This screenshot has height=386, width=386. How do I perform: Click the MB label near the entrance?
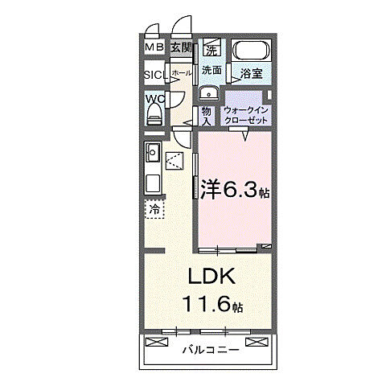pos(155,48)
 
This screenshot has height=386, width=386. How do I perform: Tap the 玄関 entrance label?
pos(181,48)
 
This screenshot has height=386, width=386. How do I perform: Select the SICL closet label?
pos(154,76)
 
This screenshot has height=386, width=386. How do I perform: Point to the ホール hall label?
pos(181,73)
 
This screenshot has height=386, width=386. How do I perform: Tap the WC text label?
pos(154,99)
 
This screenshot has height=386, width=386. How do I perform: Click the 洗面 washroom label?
pos(211,71)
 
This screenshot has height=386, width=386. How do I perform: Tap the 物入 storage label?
pos(206,114)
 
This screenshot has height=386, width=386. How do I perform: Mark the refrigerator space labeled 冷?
pos(155,209)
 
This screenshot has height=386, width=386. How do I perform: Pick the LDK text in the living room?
pos(211,277)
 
